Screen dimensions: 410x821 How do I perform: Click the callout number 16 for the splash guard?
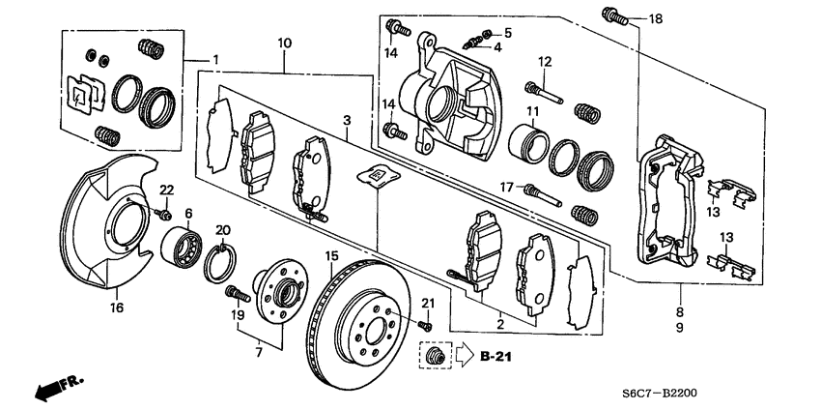pyautogui.click(x=116, y=308)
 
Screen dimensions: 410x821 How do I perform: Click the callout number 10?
pyautogui.click(x=284, y=43)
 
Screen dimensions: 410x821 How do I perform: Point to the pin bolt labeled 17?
pyautogui.click(x=542, y=189)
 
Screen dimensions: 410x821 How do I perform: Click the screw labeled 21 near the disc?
pyautogui.click(x=427, y=324)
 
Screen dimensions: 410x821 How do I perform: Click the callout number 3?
pyautogui.click(x=345, y=119)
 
